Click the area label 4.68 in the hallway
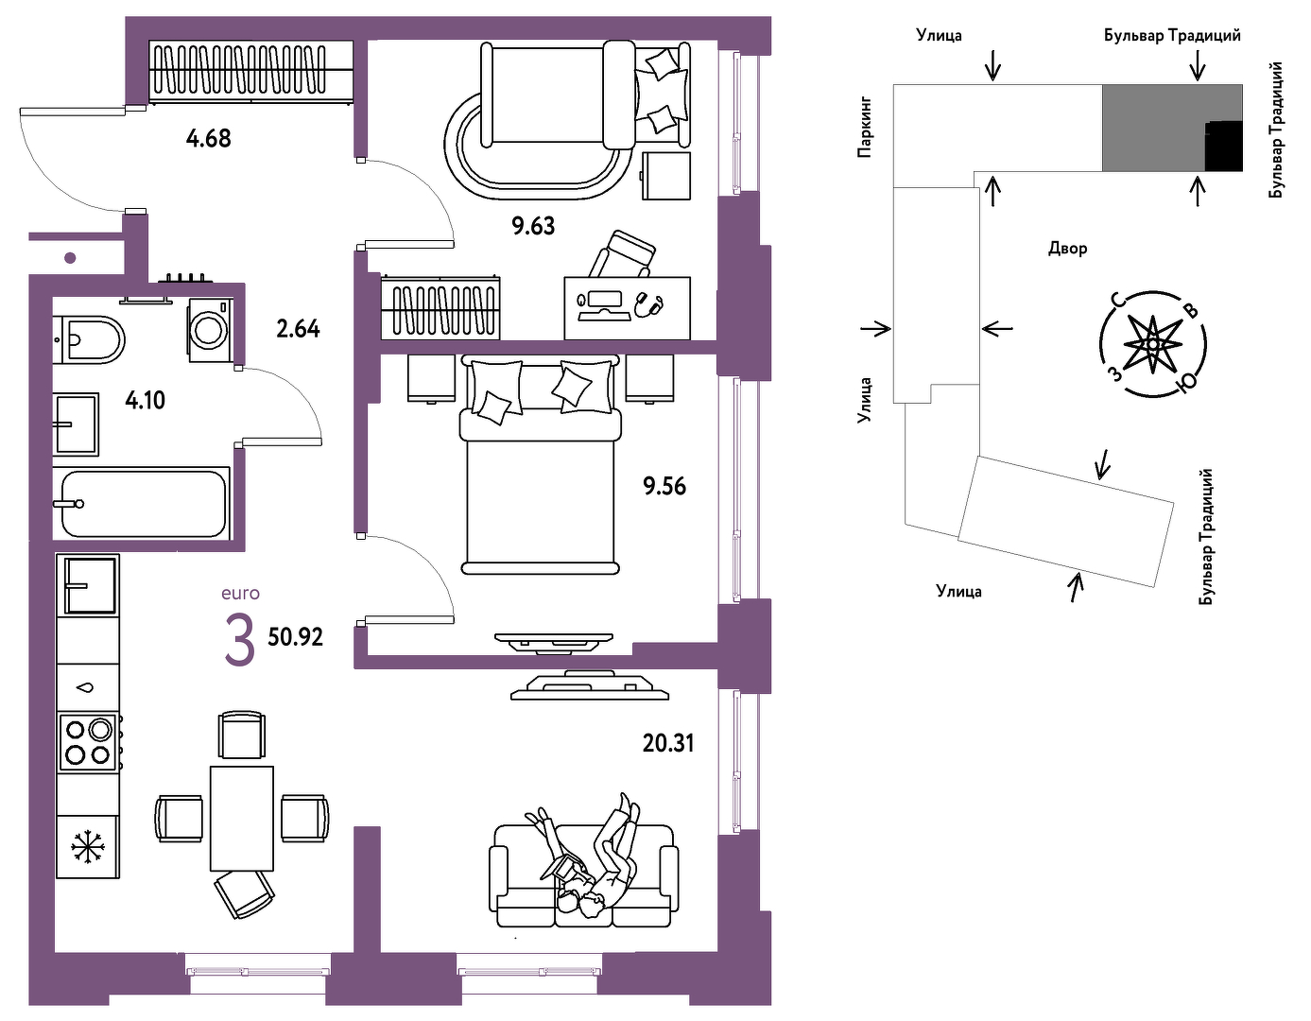(x=208, y=139)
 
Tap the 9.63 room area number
(x=533, y=226)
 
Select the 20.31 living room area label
(x=668, y=743)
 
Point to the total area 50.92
(x=296, y=637)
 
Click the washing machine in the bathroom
(x=210, y=330)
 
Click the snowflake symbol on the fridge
(x=88, y=847)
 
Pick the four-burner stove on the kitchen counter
(x=88, y=741)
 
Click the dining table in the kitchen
(x=241, y=819)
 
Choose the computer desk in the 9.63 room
(x=627, y=308)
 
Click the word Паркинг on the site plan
(x=865, y=126)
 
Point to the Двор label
(x=1068, y=248)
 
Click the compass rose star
(x=1153, y=344)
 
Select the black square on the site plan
(x=1224, y=146)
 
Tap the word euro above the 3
(x=241, y=594)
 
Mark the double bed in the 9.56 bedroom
(x=540, y=464)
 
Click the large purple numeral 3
(x=240, y=640)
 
